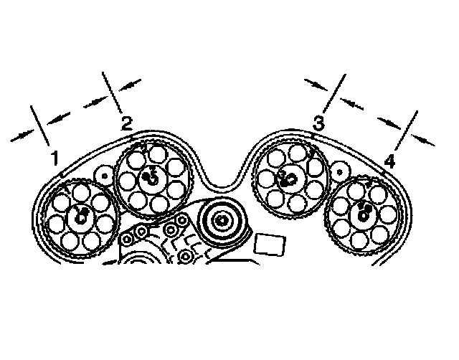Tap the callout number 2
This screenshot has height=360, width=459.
pos(126,123)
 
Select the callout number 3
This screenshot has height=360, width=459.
pos(318,123)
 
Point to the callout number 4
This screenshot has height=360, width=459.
pos(389,160)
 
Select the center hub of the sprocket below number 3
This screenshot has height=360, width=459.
pos(288,178)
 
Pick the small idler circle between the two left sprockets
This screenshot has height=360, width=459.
pos(105,174)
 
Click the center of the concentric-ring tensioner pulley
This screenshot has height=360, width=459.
pos(222,221)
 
